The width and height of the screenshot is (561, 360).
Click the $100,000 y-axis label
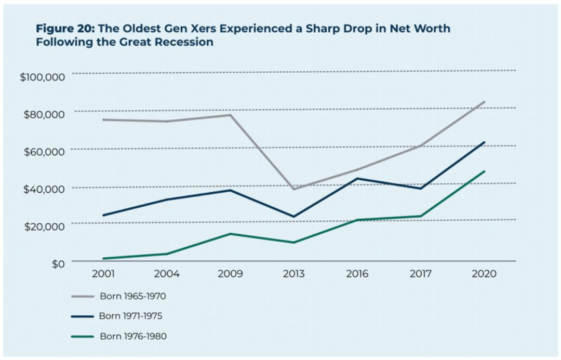tap(42, 77)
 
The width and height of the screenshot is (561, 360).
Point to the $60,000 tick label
tap(44, 151)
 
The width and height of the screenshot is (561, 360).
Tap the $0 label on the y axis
tap(57, 263)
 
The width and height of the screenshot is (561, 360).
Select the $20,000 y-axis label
tap(44, 226)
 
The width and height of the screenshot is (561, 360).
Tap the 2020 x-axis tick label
tap(484, 274)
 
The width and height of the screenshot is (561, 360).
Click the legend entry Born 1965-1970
tap(132, 297)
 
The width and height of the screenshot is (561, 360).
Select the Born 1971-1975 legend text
tap(132, 316)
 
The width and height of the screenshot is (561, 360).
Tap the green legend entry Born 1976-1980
tap(132, 336)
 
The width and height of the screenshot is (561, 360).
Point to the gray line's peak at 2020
tap(484, 102)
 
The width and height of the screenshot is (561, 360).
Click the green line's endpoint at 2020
tap(484, 171)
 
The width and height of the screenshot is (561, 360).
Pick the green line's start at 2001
tap(104, 258)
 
